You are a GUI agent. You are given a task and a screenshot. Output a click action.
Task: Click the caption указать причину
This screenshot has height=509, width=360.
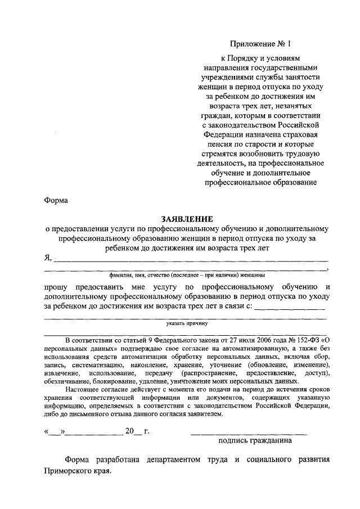[x=187, y=323]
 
